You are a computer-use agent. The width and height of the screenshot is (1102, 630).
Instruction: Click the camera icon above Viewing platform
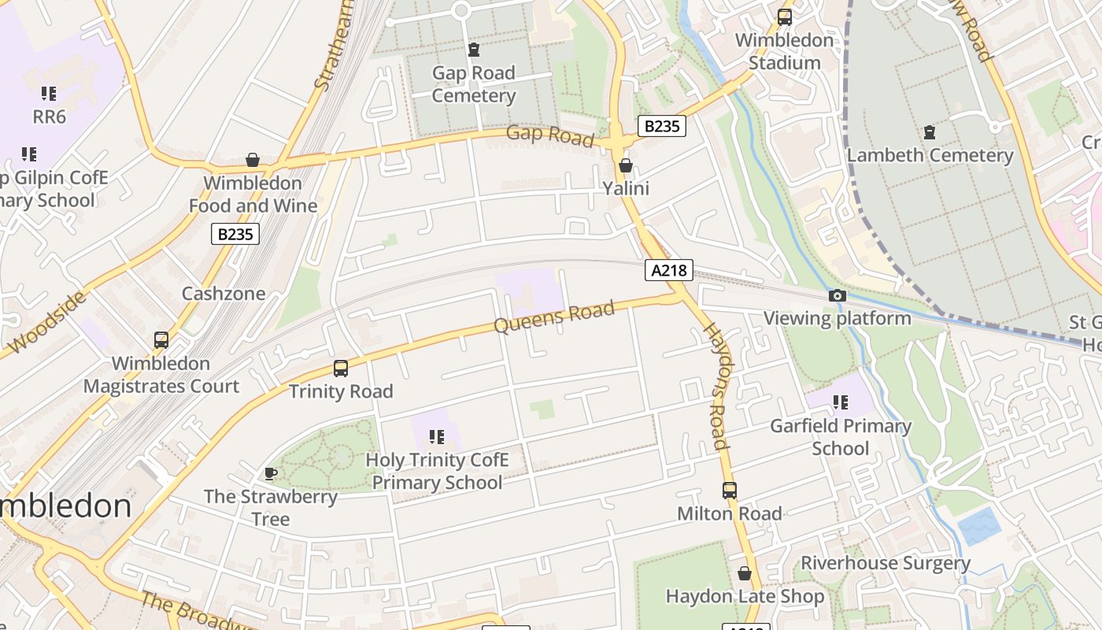tap(838, 296)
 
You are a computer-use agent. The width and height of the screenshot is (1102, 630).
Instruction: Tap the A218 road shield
tap(668, 271)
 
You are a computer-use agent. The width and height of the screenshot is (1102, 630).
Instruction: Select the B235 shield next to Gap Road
tap(661, 126)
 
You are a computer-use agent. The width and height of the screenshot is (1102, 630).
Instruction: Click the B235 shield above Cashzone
tap(235, 234)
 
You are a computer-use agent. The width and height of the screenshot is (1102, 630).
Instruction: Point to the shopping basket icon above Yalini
tap(626, 165)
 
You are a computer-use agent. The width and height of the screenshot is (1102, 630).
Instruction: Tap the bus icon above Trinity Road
tap(341, 368)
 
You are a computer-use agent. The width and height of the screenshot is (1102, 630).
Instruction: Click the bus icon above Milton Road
tap(730, 491)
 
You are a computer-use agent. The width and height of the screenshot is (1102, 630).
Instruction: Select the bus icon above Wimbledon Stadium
tap(785, 17)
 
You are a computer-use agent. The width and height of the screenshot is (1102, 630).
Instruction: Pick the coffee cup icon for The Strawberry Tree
tap(271, 473)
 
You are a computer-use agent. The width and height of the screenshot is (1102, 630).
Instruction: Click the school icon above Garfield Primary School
tap(841, 402)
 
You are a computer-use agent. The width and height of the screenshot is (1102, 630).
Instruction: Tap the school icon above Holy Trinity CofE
tap(437, 436)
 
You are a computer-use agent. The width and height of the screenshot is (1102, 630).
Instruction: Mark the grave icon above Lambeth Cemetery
tap(930, 132)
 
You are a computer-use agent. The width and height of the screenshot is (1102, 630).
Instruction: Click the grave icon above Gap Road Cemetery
tap(474, 50)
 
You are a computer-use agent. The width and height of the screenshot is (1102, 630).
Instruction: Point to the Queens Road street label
tap(554, 317)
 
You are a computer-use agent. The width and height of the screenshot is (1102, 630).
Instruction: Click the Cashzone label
tap(224, 294)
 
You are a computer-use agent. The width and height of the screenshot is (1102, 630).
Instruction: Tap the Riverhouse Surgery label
tap(886, 563)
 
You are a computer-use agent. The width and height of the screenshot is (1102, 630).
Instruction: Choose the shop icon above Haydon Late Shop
tap(745, 573)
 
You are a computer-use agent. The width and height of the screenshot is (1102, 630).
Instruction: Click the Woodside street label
tap(46, 323)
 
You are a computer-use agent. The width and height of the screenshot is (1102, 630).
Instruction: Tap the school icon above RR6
tap(49, 94)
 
